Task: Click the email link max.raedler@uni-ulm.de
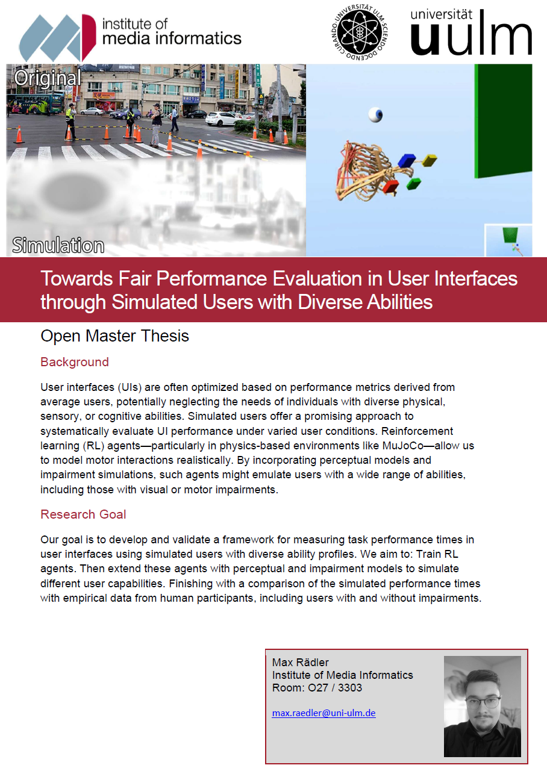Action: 324,713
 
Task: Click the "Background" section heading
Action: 75,362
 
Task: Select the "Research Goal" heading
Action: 83,514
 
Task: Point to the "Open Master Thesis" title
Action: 114,336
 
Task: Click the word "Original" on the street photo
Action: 47,78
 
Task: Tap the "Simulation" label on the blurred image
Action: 58,246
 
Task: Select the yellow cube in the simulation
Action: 429,160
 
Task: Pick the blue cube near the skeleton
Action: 407,160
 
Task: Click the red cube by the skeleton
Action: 390,186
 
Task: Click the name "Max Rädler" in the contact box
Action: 301,663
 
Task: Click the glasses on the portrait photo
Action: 483,701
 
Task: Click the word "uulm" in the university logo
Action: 471,39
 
